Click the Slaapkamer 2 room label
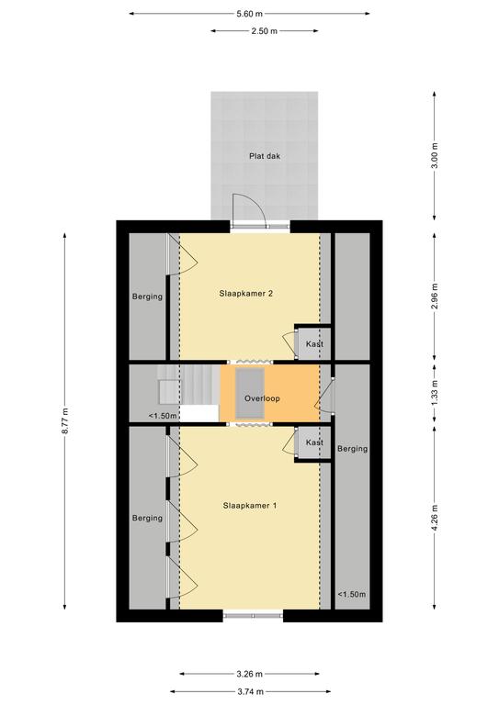246,294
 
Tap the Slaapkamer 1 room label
250,506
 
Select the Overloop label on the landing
262,398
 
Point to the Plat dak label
265,156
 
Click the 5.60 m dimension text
249,14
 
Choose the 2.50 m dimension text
264,31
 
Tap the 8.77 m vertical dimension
65,420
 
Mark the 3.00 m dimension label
435,155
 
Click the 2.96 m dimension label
435,297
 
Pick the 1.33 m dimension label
435,393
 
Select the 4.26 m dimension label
435,518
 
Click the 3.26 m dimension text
249,674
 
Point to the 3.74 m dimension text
250,691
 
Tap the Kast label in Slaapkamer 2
314,344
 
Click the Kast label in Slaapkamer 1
314,442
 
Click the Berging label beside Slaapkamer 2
147,297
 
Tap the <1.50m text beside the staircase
163,416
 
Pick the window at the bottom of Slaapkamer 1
253,615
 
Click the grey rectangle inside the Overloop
250,394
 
